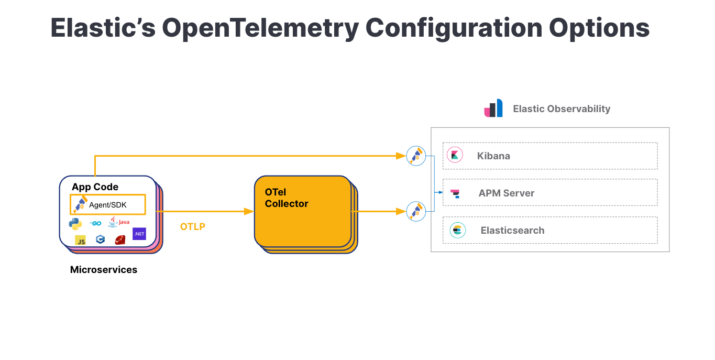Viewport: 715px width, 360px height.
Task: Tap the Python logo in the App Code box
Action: pyautogui.click(x=75, y=224)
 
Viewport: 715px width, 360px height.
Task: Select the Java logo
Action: pyautogui.click(x=119, y=222)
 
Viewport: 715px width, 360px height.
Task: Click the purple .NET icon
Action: pyautogui.click(x=139, y=234)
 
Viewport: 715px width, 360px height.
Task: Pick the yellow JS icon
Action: pyautogui.click(x=81, y=241)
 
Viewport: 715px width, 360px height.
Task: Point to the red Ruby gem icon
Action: pyautogui.click(x=120, y=240)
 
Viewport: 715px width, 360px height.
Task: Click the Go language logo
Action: pyautogui.click(x=96, y=223)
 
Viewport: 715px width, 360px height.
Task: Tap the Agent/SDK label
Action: pyautogui.click(x=108, y=205)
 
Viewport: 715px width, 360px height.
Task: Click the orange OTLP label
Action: pyautogui.click(x=193, y=227)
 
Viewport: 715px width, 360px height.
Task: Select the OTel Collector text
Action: pyautogui.click(x=286, y=198)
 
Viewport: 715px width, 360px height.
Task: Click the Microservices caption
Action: pyautogui.click(x=104, y=270)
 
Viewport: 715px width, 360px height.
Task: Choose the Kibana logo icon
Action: pyautogui.click(x=455, y=155)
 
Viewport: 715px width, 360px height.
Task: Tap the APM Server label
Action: pyautogui.click(x=506, y=193)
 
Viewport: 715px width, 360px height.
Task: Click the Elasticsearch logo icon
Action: pyautogui.click(x=457, y=230)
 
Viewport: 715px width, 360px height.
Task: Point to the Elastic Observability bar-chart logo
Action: pyautogui.click(x=493, y=108)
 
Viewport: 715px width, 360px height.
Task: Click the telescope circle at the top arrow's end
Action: pyautogui.click(x=416, y=156)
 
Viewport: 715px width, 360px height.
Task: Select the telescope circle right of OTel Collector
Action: pyautogui.click(x=416, y=211)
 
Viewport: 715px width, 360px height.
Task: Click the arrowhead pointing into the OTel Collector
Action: pyautogui.click(x=249, y=211)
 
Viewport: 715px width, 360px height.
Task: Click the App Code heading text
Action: pyautogui.click(x=95, y=187)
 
